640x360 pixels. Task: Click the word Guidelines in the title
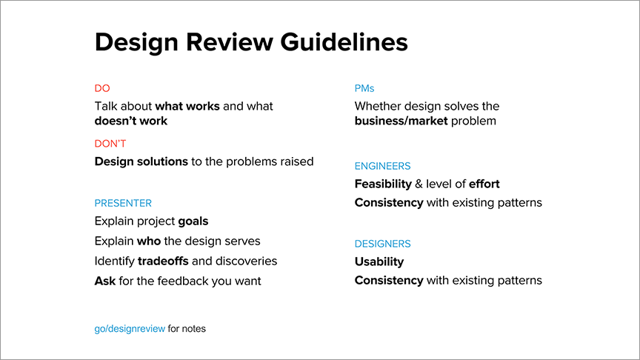(x=344, y=41)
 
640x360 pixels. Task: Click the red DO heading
(x=102, y=88)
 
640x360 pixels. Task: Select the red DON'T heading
(x=110, y=144)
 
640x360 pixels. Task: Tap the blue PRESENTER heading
(x=123, y=203)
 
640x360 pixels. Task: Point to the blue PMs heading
(x=364, y=88)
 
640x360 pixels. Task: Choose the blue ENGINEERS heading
(x=382, y=166)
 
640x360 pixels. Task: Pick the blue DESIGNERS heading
(x=382, y=244)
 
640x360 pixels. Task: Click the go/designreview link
(x=130, y=329)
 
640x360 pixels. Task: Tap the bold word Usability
(x=379, y=261)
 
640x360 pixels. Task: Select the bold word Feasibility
(x=383, y=184)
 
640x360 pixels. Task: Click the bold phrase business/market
(x=401, y=121)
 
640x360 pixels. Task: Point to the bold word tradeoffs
(x=163, y=261)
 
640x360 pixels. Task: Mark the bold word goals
(x=193, y=221)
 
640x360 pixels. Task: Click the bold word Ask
(x=105, y=281)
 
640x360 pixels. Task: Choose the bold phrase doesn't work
(x=131, y=121)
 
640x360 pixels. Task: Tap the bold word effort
(x=484, y=184)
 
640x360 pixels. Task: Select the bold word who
(x=149, y=241)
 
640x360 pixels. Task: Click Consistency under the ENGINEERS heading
(x=389, y=203)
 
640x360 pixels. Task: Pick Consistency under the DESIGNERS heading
(x=389, y=281)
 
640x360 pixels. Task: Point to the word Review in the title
(x=230, y=41)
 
